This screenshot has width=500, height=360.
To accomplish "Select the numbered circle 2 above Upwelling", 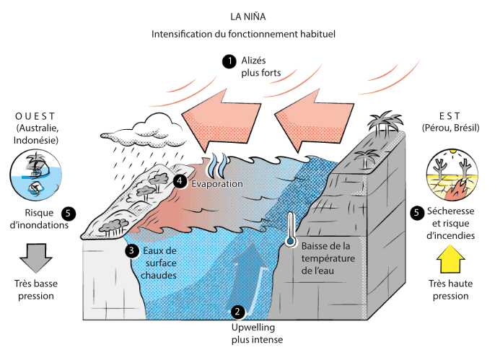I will pos(238,312).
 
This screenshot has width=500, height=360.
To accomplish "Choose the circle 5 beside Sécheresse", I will pos(416,213).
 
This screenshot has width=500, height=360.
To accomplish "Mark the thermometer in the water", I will pos(290,230).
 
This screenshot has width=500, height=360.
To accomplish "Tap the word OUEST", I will pos(35,116).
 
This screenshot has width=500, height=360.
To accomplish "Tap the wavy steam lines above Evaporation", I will pos(218,165).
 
